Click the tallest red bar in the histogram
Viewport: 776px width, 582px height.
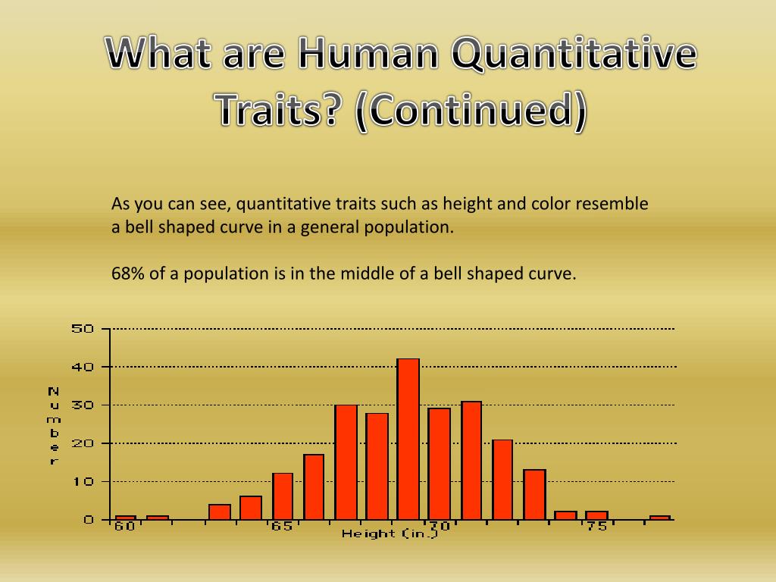[408, 439]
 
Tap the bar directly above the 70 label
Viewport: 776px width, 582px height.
[439, 463]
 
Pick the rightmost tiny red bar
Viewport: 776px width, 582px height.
[659, 518]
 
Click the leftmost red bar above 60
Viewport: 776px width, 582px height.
[126, 518]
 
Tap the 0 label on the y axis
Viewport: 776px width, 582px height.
[88, 520]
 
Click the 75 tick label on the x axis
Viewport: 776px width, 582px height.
[596, 527]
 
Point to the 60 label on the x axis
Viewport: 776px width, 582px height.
[125, 527]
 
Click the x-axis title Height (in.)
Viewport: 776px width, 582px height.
[390, 534]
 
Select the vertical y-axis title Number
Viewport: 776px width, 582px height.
[53, 425]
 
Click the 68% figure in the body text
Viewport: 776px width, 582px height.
[128, 274]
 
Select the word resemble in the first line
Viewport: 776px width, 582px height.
[612, 204]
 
